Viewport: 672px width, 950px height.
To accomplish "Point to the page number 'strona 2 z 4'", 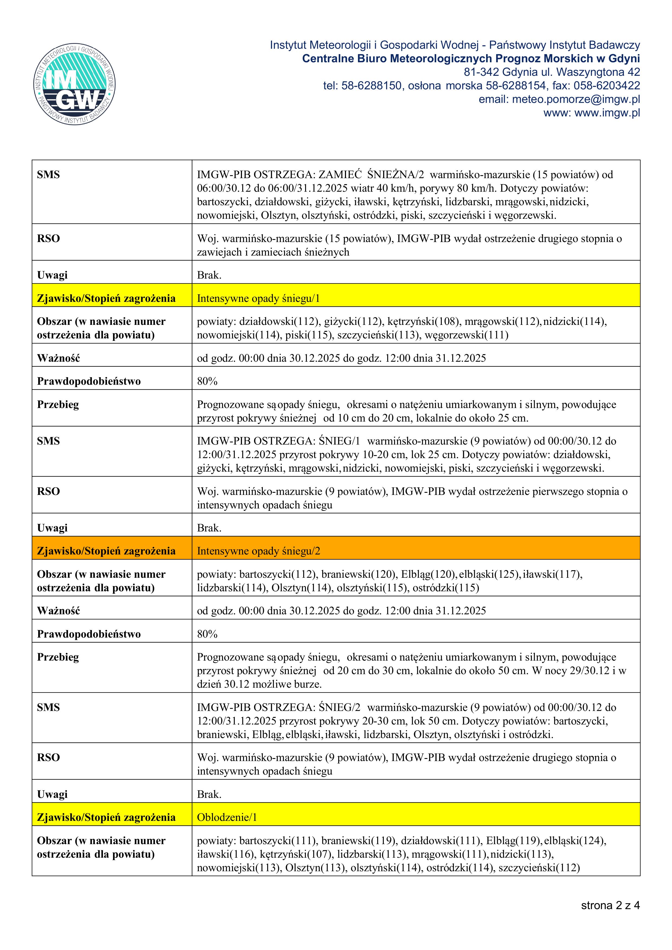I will pos(610,905).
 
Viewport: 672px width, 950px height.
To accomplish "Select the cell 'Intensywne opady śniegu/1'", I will pos(258,298).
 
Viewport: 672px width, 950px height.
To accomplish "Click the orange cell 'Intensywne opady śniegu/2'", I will pos(258,551).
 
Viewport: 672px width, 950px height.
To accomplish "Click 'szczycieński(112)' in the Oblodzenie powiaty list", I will pos(539,868).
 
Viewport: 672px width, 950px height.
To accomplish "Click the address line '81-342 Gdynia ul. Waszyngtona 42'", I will pos(551,72).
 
